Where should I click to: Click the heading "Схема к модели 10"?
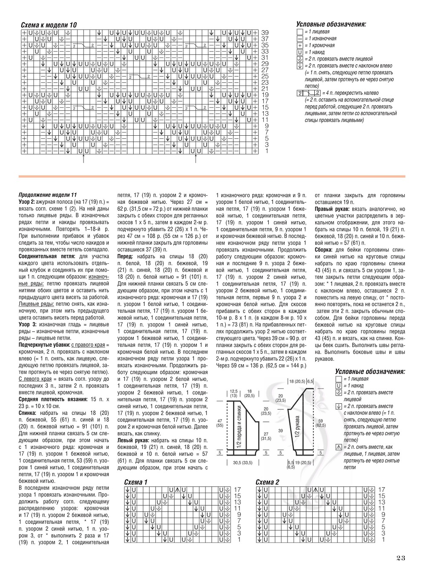49,25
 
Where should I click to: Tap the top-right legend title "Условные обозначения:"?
331,25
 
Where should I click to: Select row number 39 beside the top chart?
265,32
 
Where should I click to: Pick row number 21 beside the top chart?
265,89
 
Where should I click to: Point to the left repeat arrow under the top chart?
83,160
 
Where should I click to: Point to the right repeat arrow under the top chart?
196,160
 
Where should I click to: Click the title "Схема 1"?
135,482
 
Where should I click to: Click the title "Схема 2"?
268,482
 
